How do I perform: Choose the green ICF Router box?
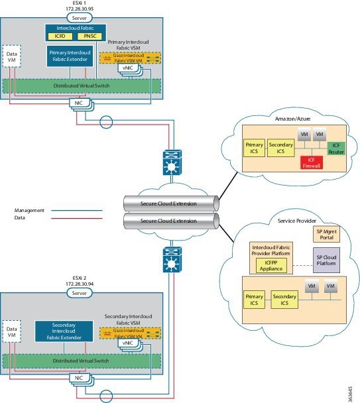(335, 147)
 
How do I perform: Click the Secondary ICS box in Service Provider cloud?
(283, 298)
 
